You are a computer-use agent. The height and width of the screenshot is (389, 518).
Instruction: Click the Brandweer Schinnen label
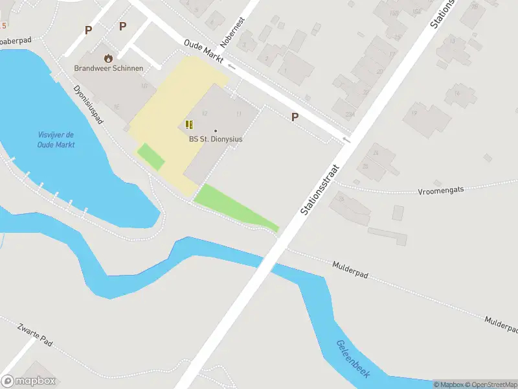coord(108,68)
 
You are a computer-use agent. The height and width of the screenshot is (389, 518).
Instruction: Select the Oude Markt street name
coord(203,50)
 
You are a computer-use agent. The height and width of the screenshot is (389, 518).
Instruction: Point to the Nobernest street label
coord(233,32)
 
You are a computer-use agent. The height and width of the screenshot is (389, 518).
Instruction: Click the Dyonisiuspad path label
coord(89,104)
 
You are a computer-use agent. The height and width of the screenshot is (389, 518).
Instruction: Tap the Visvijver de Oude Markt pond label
coord(56,139)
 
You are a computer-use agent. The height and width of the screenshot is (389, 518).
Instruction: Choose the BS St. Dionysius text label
coord(216,139)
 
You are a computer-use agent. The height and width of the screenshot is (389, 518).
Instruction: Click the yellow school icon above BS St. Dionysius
coord(189,124)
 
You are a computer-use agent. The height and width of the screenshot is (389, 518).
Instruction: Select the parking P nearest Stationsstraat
coord(295,117)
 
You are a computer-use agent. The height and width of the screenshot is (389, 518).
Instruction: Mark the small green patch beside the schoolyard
coord(150,156)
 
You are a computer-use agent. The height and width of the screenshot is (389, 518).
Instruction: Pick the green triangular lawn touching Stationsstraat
coord(233,207)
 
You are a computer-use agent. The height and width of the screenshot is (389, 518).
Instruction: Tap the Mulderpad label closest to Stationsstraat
coord(350,270)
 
